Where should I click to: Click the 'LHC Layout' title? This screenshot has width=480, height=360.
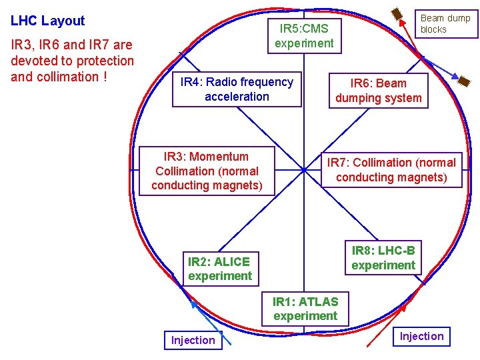coord(48,21)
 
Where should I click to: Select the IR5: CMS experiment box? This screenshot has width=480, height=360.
coord(304,36)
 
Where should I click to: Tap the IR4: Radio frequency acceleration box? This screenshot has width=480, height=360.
coord(237,89)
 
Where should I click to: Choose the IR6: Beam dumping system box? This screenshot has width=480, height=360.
coord(378,91)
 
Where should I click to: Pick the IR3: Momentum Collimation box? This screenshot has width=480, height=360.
coord(207,171)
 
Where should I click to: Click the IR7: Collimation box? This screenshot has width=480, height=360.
coord(391,170)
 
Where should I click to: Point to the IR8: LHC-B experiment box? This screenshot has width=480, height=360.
coord(383,258)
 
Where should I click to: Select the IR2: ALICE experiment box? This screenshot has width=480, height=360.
coord(219,269)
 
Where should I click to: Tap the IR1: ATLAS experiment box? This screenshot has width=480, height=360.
coord(305,309)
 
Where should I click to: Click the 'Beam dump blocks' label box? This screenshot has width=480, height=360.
coord(445,23)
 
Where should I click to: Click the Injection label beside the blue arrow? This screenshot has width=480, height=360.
coord(193,340)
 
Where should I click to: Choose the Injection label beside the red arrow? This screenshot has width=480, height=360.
coord(421,336)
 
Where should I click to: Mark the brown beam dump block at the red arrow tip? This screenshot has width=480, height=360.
coord(397,14)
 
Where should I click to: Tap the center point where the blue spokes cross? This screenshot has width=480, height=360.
coord(303,171)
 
